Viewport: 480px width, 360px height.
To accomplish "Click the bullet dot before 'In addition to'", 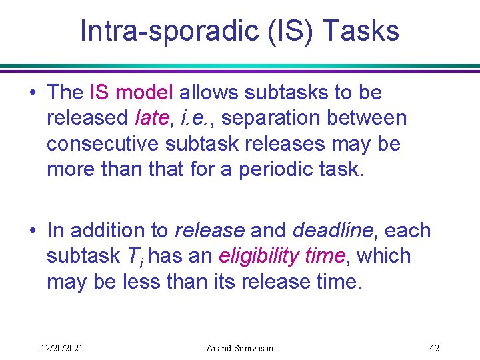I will tap(33, 231).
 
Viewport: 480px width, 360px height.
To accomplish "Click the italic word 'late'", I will tap(151, 118).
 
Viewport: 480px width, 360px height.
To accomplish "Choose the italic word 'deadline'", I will tap(332, 231).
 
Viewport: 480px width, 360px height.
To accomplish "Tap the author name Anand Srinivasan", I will tap(239, 347).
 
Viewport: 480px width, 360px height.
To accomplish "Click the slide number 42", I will tap(434, 347).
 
